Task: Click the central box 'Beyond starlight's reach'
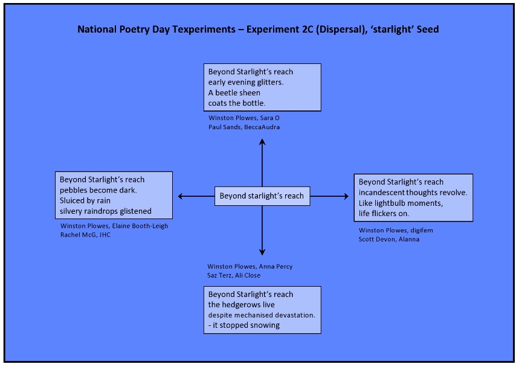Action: tap(262, 196)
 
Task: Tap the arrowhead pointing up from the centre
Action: tap(262, 142)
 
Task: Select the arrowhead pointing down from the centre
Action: tap(262, 252)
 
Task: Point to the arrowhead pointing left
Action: tap(181, 196)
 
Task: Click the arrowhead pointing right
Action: tap(346, 196)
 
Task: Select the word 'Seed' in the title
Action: tap(428, 30)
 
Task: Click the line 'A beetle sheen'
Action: tap(234, 92)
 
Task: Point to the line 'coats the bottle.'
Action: tap(237, 103)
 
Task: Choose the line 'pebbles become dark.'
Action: tap(98, 190)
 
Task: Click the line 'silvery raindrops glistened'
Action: tap(106, 211)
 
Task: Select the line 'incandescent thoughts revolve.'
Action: tap(413, 193)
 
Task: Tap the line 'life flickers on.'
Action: tap(384, 213)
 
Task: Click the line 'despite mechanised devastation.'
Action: tap(262, 315)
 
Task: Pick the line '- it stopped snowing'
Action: tap(244, 325)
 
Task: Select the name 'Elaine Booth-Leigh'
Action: tap(140, 226)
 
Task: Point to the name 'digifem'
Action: tap(422, 231)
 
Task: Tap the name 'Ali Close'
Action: tap(248, 275)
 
